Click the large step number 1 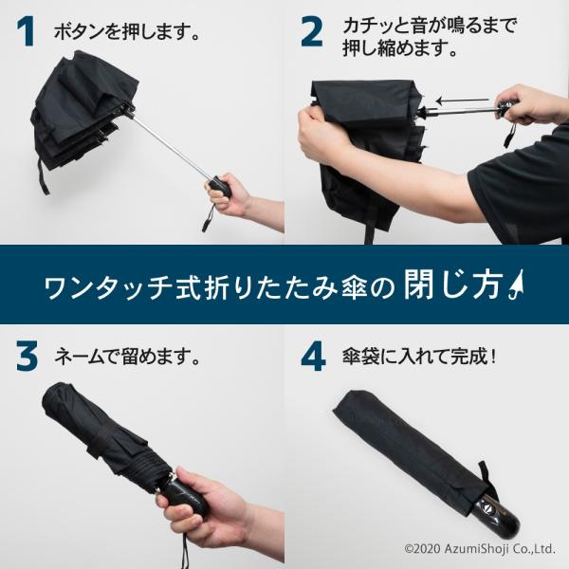[x=27, y=32]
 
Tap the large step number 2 [x=312, y=32]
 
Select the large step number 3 [x=27, y=358]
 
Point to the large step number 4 [x=313, y=358]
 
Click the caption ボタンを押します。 [x=127, y=32]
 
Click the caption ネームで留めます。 [x=127, y=357]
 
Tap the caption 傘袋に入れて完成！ [x=419, y=357]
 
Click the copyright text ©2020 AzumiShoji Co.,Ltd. [x=479, y=548]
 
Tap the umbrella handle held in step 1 [x=221, y=186]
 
